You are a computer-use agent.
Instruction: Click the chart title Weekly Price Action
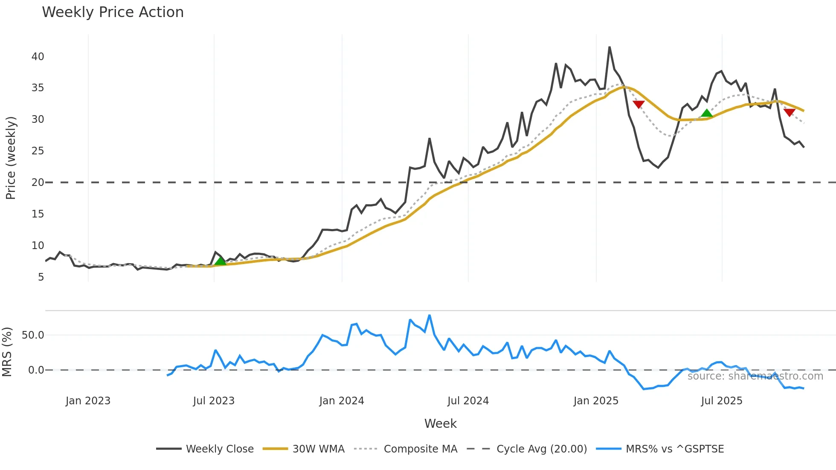coord(113,12)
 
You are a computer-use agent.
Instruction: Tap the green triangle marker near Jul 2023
coord(220,261)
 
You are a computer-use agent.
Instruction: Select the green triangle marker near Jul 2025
coord(707,113)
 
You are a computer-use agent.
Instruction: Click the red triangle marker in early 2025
coord(639,104)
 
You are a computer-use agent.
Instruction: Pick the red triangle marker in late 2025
coord(790,112)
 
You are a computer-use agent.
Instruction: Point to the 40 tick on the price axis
coord(38,57)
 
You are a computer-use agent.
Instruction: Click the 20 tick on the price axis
coord(38,183)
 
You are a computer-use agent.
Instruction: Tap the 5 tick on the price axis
coord(41,277)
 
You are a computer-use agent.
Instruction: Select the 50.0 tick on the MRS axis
coord(33,335)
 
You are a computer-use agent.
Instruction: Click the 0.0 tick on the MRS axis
coord(36,370)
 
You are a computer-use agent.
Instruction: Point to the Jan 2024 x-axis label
coord(341,401)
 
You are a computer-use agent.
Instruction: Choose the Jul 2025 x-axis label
coord(722,401)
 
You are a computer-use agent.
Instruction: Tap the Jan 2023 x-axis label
coord(88,401)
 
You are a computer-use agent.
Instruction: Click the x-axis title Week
coord(440,424)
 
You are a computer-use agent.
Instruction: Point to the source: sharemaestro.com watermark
coord(755,376)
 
